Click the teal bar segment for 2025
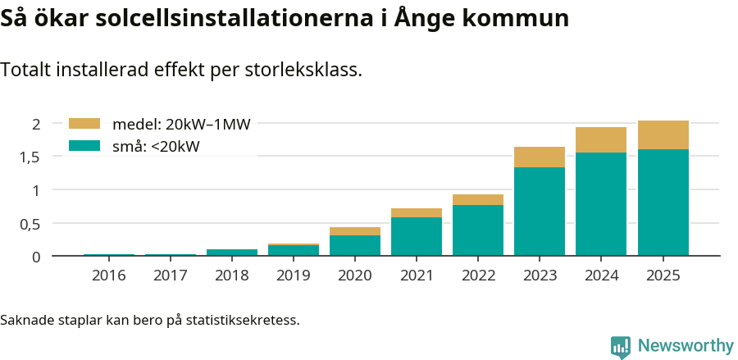pyautogui.click(x=663, y=202)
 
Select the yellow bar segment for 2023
pyautogui.click(x=540, y=157)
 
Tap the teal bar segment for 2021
pyautogui.click(x=417, y=236)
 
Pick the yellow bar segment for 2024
pyautogui.click(x=601, y=139)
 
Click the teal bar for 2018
pyautogui.click(x=232, y=253)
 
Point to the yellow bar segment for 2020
pyautogui.click(x=355, y=231)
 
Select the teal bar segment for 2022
pyautogui.click(x=478, y=230)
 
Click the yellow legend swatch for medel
pyautogui.click(x=84, y=124)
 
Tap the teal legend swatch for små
pyautogui.click(x=84, y=146)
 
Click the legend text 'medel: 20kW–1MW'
pyautogui.click(x=181, y=125)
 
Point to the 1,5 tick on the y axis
pyautogui.click(x=30, y=157)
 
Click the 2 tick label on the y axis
pyautogui.click(x=35, y=124)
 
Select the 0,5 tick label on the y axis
pyautogui.click(x=30, y=224)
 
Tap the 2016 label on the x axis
pyautogui.click(x=109, y=276)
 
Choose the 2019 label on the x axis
pyautogui.click(x=294, y=276)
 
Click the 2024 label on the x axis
pyautogui.click(x=601, y=276)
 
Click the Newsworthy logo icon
pyautogui.click(x=621, y=346)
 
